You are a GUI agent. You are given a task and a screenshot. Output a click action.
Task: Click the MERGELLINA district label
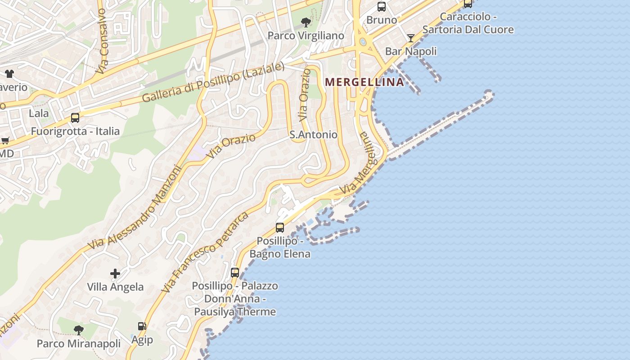pyautogui.click(x=364, y=82)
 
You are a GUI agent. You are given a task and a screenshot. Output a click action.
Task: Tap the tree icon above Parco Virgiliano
pyautogui.click(x=306, y=22)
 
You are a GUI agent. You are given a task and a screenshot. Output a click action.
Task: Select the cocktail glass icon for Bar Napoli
pyautogui.click(x=410, y=38)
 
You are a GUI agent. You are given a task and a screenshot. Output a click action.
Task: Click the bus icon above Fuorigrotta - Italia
pyautogui.click(x=75, y=118)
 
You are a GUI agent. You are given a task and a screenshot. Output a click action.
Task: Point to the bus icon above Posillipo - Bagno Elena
pyautogui.click(x=280, y=228)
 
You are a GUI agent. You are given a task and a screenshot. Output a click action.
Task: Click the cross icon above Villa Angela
pyautogui.click(x=115, y=273)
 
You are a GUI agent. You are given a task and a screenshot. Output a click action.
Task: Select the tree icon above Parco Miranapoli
pyautogui.click(x=79, y=330)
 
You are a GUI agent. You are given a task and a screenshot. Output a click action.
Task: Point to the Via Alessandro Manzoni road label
pyautogui.click(x=135, y=208)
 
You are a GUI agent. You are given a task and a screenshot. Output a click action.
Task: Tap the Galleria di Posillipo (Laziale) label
pyautogui.click(x=213, y=82)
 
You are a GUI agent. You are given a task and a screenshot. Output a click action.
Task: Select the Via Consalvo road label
pyautogui.click(x=102, y=41)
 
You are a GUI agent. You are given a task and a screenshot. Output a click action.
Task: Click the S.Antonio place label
pyautogui.click(x=313, y=135)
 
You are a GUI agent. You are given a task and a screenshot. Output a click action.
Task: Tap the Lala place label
pyautogui.click(x=39, y=113)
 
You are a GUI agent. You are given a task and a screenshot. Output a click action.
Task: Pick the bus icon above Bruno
pyautogui.click(x=382, y=7)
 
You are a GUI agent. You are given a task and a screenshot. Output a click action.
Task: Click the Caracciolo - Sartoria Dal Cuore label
pyautogui.click(x=468, y=23)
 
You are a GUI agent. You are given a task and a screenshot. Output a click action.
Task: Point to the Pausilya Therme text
pyautogui.click(x=235, y=311)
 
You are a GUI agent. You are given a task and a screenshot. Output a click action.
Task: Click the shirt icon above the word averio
pyautogui.click(x=9, y=74)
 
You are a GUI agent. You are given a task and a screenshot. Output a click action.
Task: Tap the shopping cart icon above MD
pyautogui.click(x=5, y=141)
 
